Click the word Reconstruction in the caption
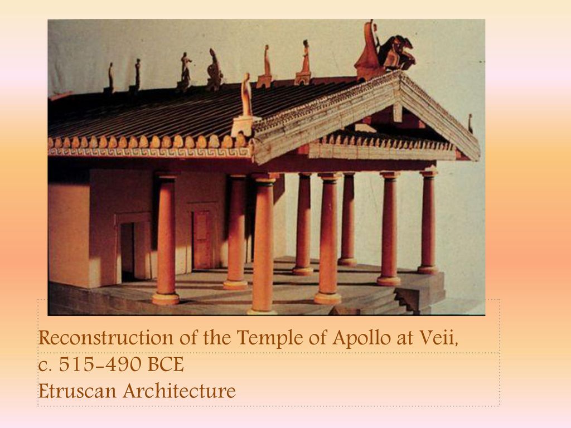pos(105,337)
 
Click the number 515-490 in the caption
pos(99,364)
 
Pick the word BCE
pos(166,364)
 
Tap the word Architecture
pos(179,391)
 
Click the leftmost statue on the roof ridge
pos(111,76)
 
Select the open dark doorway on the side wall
pos(128,252)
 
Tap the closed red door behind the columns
pos(202,239)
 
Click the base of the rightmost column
pos(428,270)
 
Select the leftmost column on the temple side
pos(166,239)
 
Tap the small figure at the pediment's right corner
pos(470,123)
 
